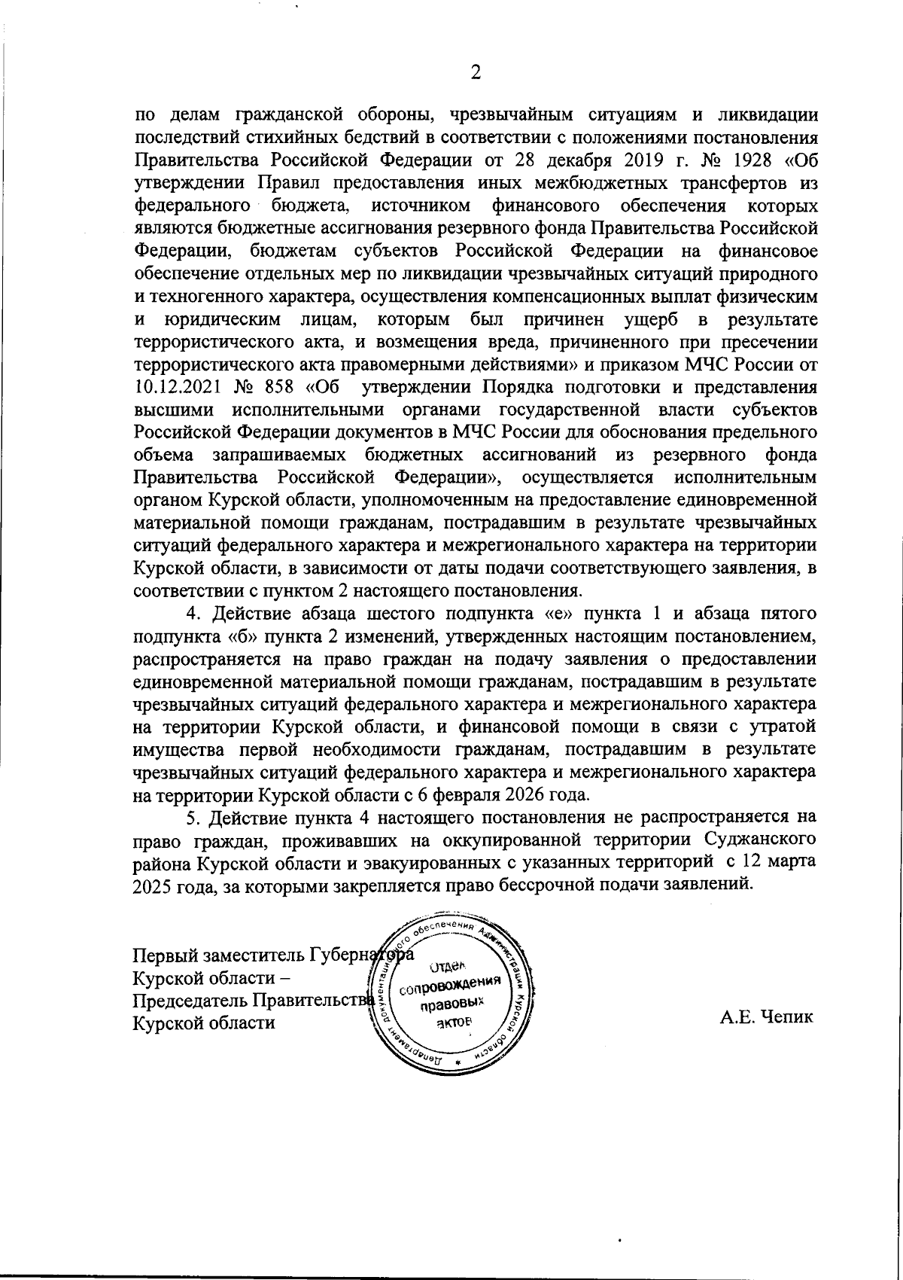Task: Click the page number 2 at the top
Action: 475,72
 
